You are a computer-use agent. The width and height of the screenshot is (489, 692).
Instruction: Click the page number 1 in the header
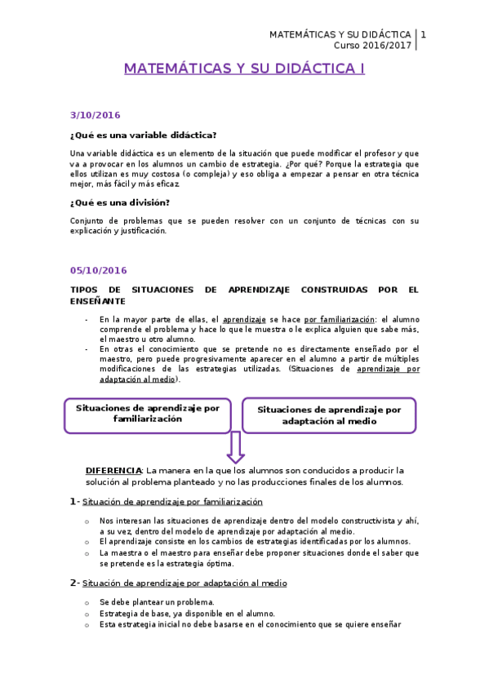point(423,35)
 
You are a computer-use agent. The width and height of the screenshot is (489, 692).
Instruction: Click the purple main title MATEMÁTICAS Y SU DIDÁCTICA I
point(244,69)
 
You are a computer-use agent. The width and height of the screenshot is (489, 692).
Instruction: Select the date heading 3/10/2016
point(95,116)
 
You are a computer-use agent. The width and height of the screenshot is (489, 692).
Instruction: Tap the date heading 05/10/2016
point(98,270)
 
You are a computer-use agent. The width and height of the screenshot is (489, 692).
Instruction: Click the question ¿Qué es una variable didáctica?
point(143,135)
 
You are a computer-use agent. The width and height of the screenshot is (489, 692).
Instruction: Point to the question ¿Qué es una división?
point(120,202)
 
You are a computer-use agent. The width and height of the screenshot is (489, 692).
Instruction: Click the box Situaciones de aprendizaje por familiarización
point(148,413)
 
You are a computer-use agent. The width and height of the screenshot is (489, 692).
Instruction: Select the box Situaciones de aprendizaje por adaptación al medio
point(329,415)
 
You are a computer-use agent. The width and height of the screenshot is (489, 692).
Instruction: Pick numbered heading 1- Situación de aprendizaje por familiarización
point(166,502)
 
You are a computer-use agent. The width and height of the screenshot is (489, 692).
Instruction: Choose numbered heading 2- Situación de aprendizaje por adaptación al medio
point(178,583)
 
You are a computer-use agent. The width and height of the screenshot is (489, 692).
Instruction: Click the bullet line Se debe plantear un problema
point(145,602)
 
